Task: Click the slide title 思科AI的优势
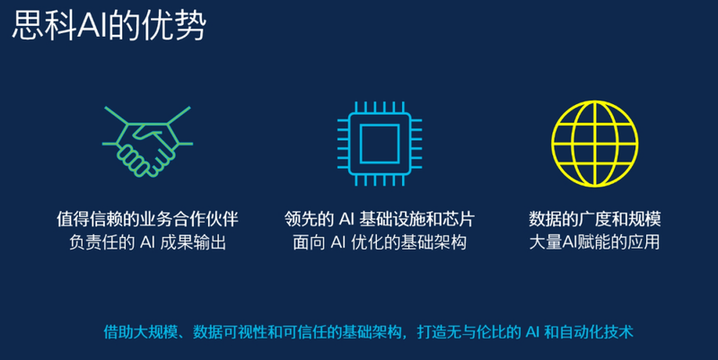click(109, 25)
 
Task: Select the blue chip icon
click(379, 144)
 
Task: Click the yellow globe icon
click(594, 144)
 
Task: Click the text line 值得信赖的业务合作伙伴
click(147, 219)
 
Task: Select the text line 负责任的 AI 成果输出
click(147, 242)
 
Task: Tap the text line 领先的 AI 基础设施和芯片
click(379, 219)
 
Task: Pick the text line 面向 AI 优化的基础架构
click(379, 242)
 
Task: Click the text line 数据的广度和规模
click(594, 219)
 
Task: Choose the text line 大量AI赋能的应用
click(594, 242)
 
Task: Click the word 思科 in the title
click(44, 25)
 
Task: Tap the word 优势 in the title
click(174, 25)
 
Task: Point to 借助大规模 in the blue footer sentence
click(140, 331)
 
